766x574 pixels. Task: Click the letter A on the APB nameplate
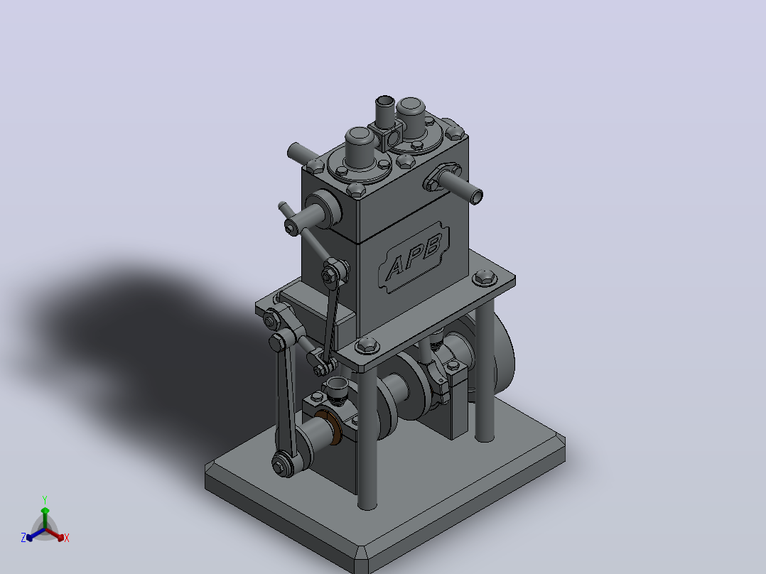396,269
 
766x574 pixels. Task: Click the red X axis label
67,538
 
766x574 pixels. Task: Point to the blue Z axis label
23,538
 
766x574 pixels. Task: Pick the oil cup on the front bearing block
337,389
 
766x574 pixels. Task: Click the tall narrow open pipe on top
385,112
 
